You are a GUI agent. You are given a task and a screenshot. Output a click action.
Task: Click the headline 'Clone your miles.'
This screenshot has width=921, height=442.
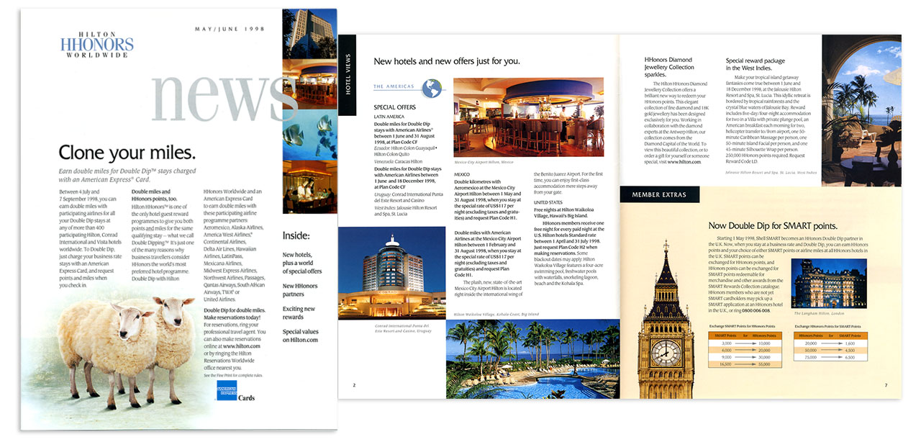tap(127, 153)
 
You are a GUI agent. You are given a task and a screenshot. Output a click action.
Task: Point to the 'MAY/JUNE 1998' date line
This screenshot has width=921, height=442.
tap(231, 29)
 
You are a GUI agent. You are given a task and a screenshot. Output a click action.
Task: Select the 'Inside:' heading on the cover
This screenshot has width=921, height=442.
tap(296, 235)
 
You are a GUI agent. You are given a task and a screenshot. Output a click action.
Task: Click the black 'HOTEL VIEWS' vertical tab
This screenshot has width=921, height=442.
tap(348, 74)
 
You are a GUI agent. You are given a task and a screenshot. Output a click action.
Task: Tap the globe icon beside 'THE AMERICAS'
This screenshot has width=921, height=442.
tap(432, 88)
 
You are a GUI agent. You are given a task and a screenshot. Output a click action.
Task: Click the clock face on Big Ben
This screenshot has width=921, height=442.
tap(666, 353)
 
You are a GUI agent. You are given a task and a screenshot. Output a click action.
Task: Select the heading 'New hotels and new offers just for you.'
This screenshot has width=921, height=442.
tap(447, 61)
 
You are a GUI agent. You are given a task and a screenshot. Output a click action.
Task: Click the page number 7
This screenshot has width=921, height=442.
tap(886, 386)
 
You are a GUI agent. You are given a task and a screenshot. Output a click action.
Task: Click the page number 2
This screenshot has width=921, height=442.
tap(354, 386)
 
